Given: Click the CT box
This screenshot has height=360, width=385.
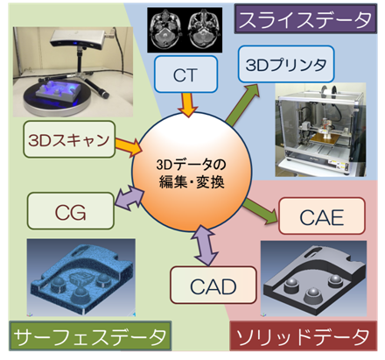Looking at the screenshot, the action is (x=185, y=74).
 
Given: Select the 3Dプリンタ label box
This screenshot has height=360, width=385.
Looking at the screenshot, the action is (x=286, y=64).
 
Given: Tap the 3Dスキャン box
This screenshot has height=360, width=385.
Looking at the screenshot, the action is (x=69, y=139).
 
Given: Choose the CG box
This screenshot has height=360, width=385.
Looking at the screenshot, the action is (x=70, y=210).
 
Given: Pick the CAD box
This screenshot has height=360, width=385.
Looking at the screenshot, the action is (x=213, y=285).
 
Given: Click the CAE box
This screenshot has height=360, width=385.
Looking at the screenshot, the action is (x=322, y=216).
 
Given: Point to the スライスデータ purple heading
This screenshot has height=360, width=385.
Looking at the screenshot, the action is (x=305, y=18).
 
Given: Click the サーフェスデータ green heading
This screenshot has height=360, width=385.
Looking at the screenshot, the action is (x=90, y=335).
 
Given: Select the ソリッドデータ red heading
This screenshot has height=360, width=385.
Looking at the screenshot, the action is (x=304, y=335).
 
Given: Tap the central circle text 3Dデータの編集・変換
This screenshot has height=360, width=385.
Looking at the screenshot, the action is (x=192, y=173).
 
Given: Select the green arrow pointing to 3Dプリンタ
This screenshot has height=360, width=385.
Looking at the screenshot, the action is (x=242, y=105).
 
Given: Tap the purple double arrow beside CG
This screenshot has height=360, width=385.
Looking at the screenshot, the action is (x=129, y=198).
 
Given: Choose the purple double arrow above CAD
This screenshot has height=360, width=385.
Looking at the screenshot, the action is (x=206, y=246).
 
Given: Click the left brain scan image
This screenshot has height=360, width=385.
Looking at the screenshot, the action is (x=165, y=30).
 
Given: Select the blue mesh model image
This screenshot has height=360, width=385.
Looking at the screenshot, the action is (x=81, y=278).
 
